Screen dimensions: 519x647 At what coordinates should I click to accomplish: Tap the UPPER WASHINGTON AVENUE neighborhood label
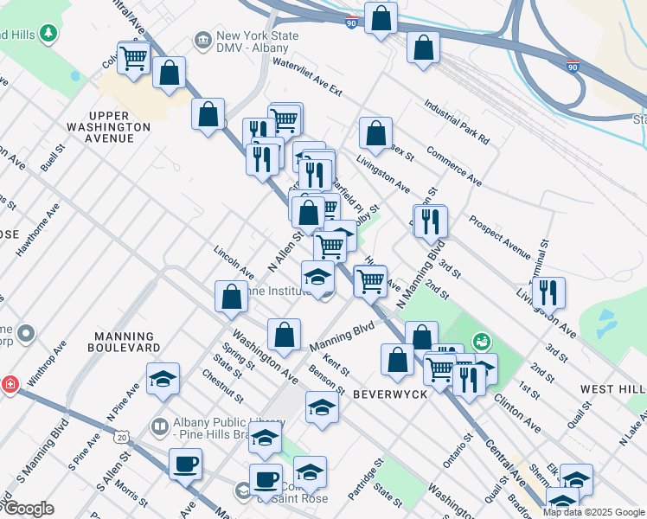click(119, 126)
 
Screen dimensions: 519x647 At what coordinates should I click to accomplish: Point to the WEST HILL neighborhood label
click(612, 390)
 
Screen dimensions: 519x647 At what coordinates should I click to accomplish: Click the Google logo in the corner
click(28, 509)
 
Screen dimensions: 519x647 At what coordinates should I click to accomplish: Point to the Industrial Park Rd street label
click(457, 121)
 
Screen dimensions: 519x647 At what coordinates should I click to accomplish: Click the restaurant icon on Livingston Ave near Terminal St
click(548, 292)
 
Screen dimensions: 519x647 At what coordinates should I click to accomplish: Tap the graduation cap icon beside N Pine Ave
click(163, 379)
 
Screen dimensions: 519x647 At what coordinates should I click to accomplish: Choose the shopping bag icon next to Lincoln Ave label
click(231, 296)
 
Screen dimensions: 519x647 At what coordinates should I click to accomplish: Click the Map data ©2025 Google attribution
click(593, 512)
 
